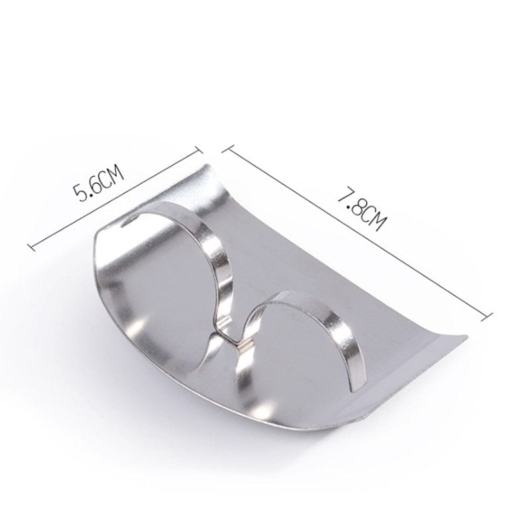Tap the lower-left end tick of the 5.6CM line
(30, 246)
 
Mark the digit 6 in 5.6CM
(95, 185)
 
